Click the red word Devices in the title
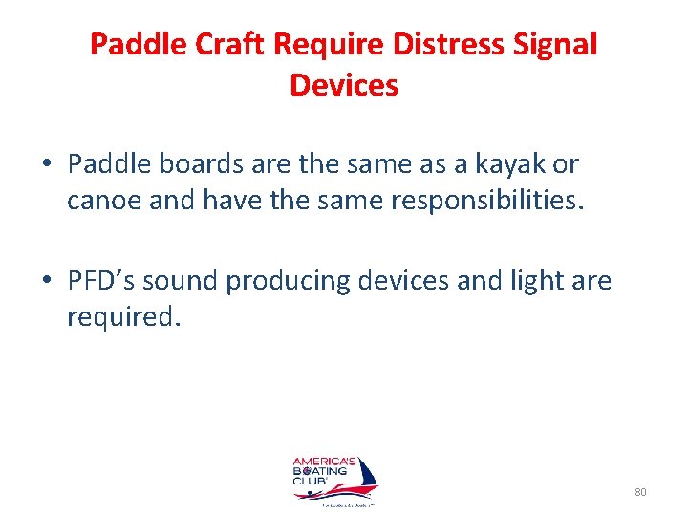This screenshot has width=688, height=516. pos(343,85)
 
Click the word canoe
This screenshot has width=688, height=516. pos(100,201)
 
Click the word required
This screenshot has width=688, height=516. pos(122,317)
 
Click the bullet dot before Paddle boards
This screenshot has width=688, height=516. pos(46,164)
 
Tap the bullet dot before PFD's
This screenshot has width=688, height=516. pos(46,282)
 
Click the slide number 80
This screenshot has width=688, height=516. pos(640,492)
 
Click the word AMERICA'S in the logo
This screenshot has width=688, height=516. pos(323,461)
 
